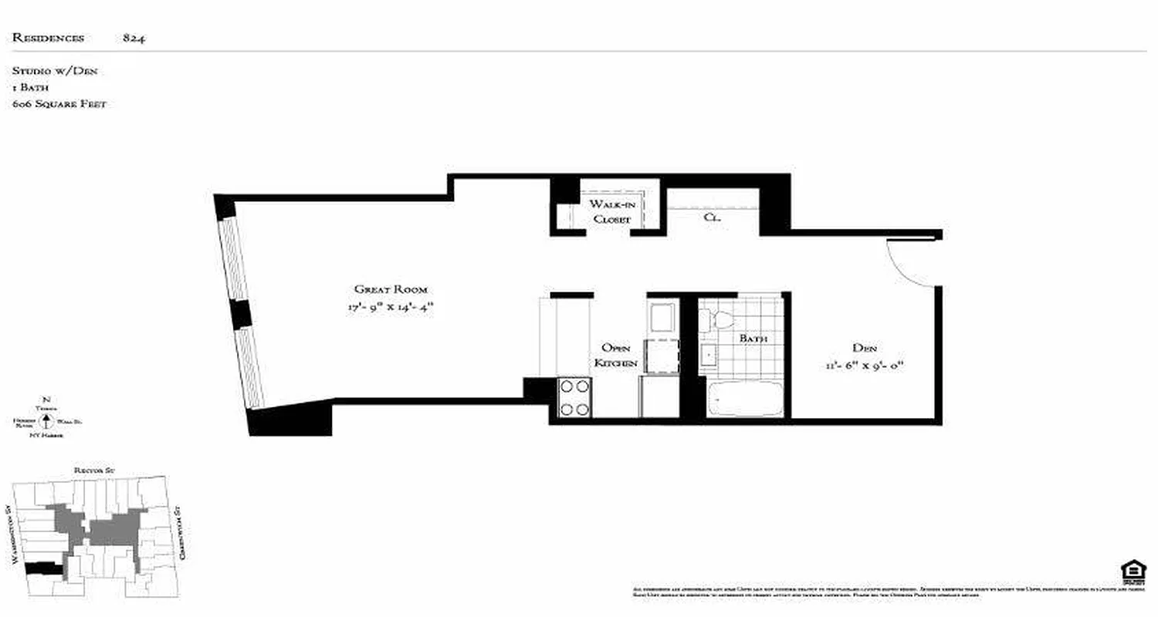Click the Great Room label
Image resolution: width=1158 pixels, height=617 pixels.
[391, 289]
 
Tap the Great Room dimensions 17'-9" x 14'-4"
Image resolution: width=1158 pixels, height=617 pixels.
[391, 307]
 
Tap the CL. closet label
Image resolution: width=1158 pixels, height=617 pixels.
[712, 217]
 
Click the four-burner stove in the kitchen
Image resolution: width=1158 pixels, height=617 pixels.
[574, 398]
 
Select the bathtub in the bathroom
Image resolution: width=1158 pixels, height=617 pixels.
[746, 399]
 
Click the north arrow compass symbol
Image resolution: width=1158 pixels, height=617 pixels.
[47, 421]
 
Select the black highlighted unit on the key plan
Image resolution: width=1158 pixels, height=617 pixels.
[44, 568]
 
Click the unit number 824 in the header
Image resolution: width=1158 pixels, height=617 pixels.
[134, 38]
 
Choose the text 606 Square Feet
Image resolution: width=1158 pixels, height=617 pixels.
[59, 103]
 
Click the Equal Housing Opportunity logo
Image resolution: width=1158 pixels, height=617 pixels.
[1133, 572]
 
